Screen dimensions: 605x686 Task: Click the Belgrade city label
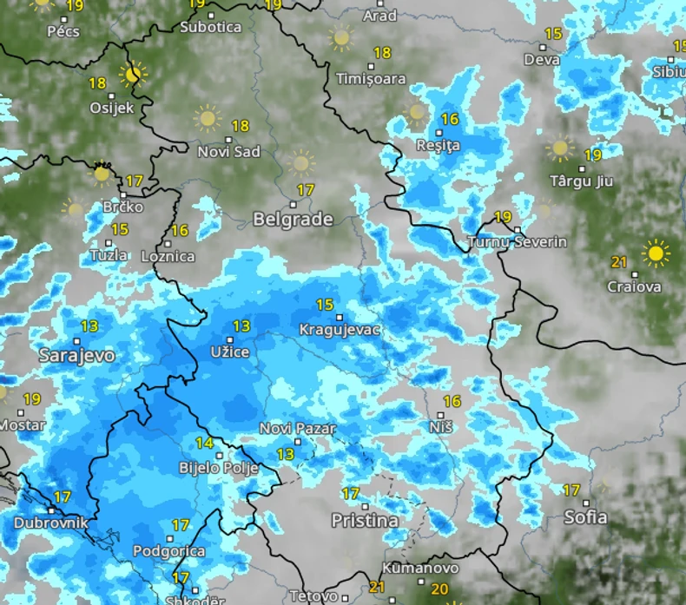pyautogui.click(x=293, y=220)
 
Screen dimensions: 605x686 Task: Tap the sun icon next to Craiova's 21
pyautogui.click(x=656, y=253)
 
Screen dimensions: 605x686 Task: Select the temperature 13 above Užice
pyautogui.click(x=241, y=326)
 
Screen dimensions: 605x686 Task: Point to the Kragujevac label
pyautogui.click(x=340, y=330)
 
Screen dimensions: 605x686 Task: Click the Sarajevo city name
pyautogui.click(x=76, y=355)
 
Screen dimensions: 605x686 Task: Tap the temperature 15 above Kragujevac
pyautogui.click(x=325, y=305)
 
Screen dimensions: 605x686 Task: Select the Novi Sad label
pyautogui.click(x=229, y=152)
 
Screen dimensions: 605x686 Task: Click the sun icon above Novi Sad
pyautogui.click(x=207, y=117)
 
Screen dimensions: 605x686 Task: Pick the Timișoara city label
pyautogui.click(x=371, y=78)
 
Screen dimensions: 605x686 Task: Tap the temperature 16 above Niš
pyautogui.click(x=452, y=401)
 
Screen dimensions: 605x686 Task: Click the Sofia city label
pyautogui.click(x=585, y=517)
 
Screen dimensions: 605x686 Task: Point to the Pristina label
pyautogui.click(x=365, y=521)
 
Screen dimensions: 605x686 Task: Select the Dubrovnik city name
pyautogui.click(x=50, y=523)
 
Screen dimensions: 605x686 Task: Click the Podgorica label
pyautogui.click(x=169, y=551)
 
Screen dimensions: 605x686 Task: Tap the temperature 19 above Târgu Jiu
pyautogui.click(x=592, y=155)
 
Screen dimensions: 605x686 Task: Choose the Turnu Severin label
pyautogui.click(x=517, y=242)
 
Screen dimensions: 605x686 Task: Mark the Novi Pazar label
pyautogui.click(x=298, y=429)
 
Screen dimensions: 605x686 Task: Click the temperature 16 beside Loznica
pyautogui.click(x=180, y=231)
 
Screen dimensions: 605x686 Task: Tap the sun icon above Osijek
pyautogui.click(x=133, y=75)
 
